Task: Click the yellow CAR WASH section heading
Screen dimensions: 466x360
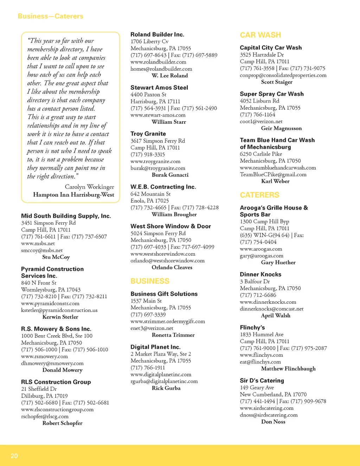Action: click(x=260, y=35)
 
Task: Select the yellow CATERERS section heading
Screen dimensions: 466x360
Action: click(x=259, y=195)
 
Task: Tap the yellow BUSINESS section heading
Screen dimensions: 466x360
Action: click(x=150, y=281)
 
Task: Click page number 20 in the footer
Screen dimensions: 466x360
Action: click(x=14, y=456)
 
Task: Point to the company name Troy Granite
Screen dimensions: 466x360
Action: click(x=148, y=134)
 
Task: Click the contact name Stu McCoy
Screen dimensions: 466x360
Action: click(x=56, y=257)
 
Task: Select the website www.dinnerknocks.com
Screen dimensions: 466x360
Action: click(x=268, y=302)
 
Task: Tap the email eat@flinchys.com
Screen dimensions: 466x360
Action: click(x=260, y=362)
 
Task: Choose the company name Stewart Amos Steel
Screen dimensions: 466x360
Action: click(x=159, y=88)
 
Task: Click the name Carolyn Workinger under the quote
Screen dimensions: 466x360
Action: click(x=89, y=187)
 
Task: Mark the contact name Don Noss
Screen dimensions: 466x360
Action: click(x=273, y=422)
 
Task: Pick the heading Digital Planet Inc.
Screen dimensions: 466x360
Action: click(x=155, y=347)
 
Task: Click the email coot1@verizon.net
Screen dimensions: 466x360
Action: click(x=261, y=121)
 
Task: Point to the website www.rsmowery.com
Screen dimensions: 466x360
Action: click(x=44, y=356)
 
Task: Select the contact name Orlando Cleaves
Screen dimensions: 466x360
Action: click(x=172, y=267)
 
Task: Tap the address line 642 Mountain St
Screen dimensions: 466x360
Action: click(x=150, y=194)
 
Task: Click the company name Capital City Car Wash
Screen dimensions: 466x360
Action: click(x=271, y=48)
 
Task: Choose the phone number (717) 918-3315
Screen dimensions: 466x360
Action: click(x=148, y=154)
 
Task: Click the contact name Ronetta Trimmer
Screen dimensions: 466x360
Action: click(x=173, y=335)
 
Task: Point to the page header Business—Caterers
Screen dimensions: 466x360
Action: click(x=50, y=16)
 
